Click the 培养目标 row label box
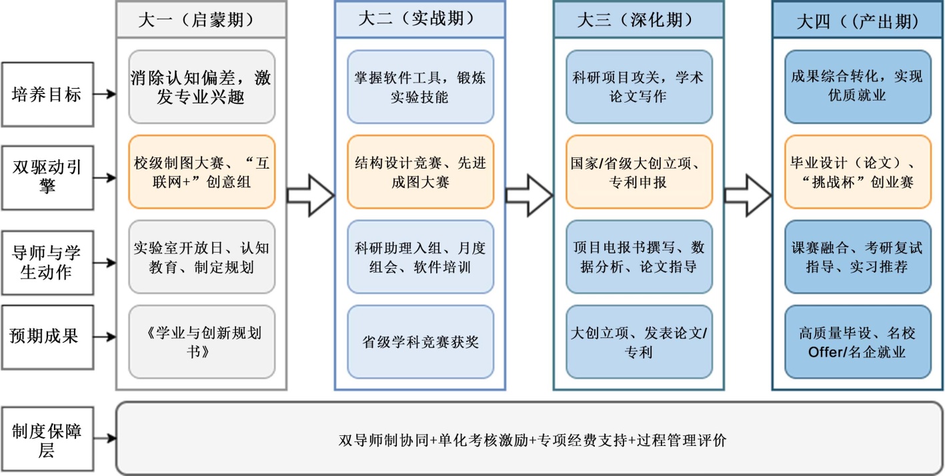(x=46, y=95)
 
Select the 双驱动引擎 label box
(x=46, y=177)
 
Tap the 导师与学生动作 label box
(x=46, y=262)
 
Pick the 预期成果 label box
(x=46, y=336)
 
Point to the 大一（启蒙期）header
(x=201, y=20)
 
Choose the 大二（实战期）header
(x=419, y=20)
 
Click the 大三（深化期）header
(x=638, y=20)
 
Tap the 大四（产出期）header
(x=857, y=21)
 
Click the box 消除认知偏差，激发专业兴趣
(x=201, y=87)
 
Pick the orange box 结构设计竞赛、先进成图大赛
(x=420, y=172)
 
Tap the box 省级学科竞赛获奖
(x=420, y=343)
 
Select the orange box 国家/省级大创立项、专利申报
(x=639, y=172)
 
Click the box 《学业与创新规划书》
(x=201, y=341)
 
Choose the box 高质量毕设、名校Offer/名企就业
(x=858, y=341)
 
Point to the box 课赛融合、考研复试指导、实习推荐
(x=858, y=257)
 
